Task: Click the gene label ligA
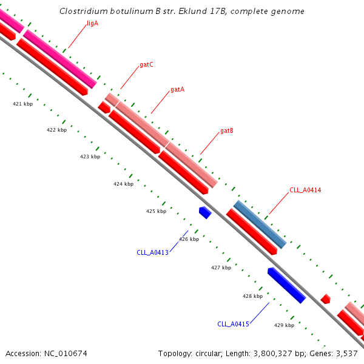click(x=92, y=24)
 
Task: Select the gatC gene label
click(x=146, y=64)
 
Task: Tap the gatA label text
click(x=177, y=89)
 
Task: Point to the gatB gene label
click(x=227, y=130)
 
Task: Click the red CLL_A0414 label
click(x=305, y=190)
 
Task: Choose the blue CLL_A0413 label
click(x=152, y=252)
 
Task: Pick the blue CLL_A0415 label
click(x=233, y=324)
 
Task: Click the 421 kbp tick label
click(x=22, y=104)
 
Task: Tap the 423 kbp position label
click(x=90, y=157)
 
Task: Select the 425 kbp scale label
click(x=156, y=211)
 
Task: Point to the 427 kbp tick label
click(x=221, y=268)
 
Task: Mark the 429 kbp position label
click(x=284, y=325)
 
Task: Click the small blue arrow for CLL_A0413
click(x=205, y=212)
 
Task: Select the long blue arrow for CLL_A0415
click(x=286, y=285)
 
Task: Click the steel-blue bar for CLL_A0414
click(x=260, y=224)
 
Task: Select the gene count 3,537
click(x=346, y=353)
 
